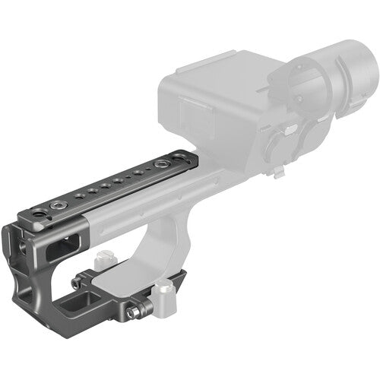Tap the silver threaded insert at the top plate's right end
(x=160, y=164)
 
